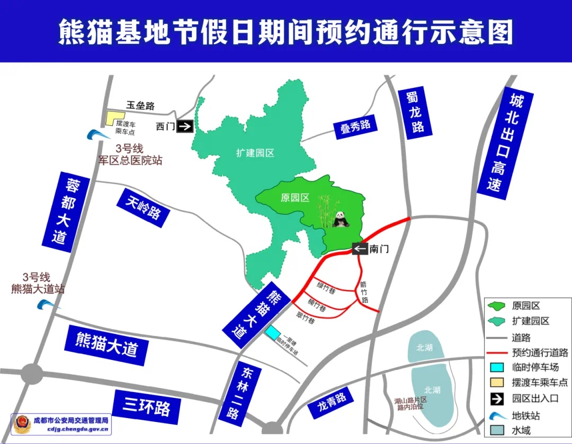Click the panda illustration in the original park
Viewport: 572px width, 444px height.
341,219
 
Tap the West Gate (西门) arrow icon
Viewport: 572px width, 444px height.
185,126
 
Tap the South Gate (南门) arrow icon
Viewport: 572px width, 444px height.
360,248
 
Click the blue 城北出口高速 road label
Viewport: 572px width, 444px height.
505,143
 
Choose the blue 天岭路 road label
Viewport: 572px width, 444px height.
144,207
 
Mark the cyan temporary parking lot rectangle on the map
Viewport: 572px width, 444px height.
273,333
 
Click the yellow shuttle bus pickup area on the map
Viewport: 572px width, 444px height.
114,117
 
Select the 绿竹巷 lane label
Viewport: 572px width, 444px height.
326,288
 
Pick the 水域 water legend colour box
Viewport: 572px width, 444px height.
497,431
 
